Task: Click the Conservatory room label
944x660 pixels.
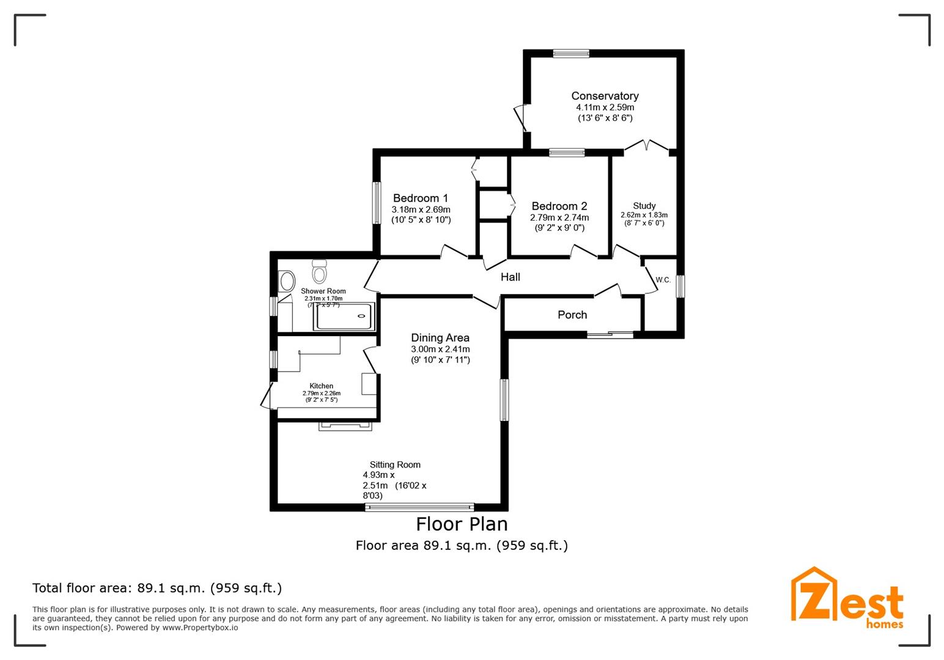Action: pos(605,96)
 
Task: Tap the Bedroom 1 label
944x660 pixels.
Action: pos(420,198)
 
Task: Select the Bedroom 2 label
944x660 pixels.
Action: pos(559,206)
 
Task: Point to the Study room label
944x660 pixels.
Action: pos(644,206)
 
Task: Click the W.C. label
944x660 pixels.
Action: pos(663,280)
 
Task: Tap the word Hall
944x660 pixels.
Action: pos(510,277)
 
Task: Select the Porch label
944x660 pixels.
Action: pos(572,315)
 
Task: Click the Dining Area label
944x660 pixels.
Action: pos(440,337)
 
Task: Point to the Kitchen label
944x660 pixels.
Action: pos(321,386)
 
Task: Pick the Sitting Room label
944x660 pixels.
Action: pos(395,464)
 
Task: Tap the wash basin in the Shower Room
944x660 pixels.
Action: pos(286,282)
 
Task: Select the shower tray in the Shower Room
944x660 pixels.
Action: pos(344,316)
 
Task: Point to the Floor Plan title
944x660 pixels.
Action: pos(462,524)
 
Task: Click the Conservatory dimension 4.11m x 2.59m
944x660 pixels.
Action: pos(605,107)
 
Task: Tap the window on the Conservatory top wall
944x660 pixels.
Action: pos(571,54)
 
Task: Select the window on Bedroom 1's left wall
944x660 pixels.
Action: pos(377,203)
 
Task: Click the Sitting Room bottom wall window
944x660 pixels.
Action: pos(419,507)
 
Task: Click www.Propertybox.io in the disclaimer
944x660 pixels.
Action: pos(200,628)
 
